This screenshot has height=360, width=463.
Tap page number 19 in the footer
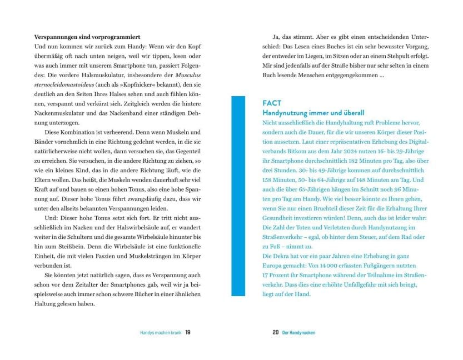click(x=188, y=332)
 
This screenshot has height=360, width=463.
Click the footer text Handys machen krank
click(x=160, y=332)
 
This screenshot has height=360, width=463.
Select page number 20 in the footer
click(x=275, y=332)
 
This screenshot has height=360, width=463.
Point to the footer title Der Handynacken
click(x=299, y=332)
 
